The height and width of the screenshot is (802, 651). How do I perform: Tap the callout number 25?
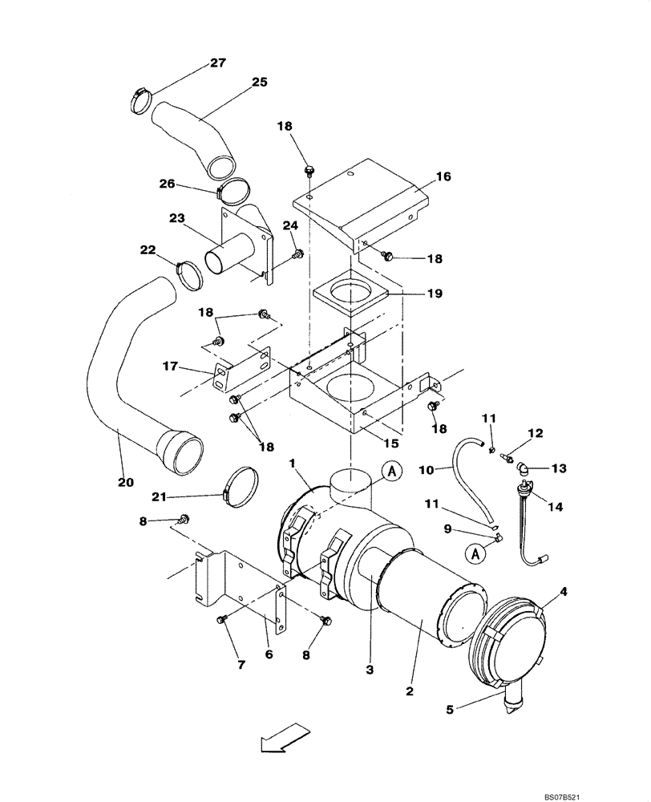point(259,82)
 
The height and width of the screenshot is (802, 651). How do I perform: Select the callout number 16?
point(443,176)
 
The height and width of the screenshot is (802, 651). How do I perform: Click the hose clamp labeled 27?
point(140,99)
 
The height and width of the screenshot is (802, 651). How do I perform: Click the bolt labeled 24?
point(298,253)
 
